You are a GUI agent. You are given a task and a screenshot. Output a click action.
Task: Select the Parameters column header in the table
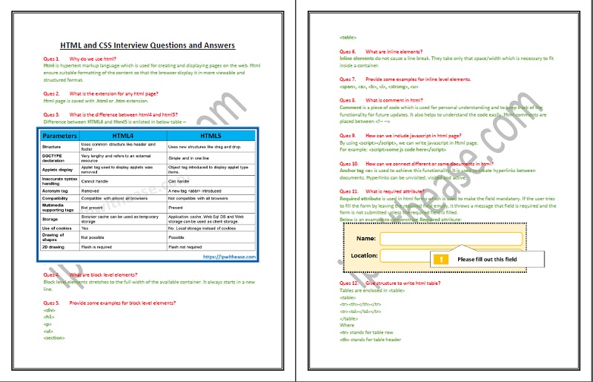59,136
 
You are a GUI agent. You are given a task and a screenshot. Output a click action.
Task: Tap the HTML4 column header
122,136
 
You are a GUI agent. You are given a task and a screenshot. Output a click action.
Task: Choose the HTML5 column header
211,136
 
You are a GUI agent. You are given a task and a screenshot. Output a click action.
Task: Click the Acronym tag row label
56,190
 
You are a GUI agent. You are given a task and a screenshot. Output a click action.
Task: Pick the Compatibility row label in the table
58,198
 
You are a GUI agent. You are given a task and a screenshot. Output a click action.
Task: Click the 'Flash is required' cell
99,246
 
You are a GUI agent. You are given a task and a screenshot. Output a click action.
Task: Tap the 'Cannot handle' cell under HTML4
96,181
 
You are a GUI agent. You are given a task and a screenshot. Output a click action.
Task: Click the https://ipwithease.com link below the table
229,256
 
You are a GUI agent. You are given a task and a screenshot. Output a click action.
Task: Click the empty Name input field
451,239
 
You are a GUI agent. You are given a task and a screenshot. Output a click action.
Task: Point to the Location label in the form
364,255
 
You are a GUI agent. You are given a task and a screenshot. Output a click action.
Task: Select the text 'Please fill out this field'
487,260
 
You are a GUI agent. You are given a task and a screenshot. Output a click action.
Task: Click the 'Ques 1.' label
52,57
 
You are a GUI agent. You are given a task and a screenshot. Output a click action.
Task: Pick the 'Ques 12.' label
350,283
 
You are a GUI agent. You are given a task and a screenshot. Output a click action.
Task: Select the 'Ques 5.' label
52,303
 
